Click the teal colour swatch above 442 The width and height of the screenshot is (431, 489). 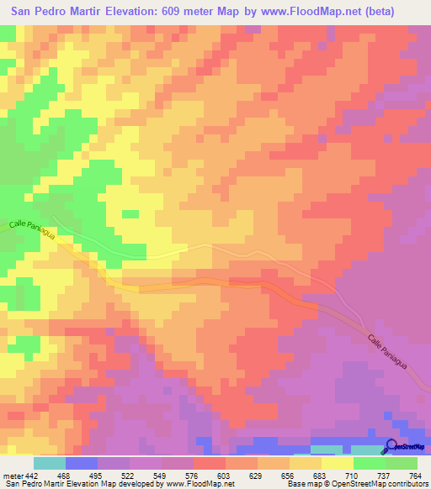50,463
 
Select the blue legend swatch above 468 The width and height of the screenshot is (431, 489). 82,463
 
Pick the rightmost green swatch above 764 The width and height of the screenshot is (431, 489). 402,463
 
